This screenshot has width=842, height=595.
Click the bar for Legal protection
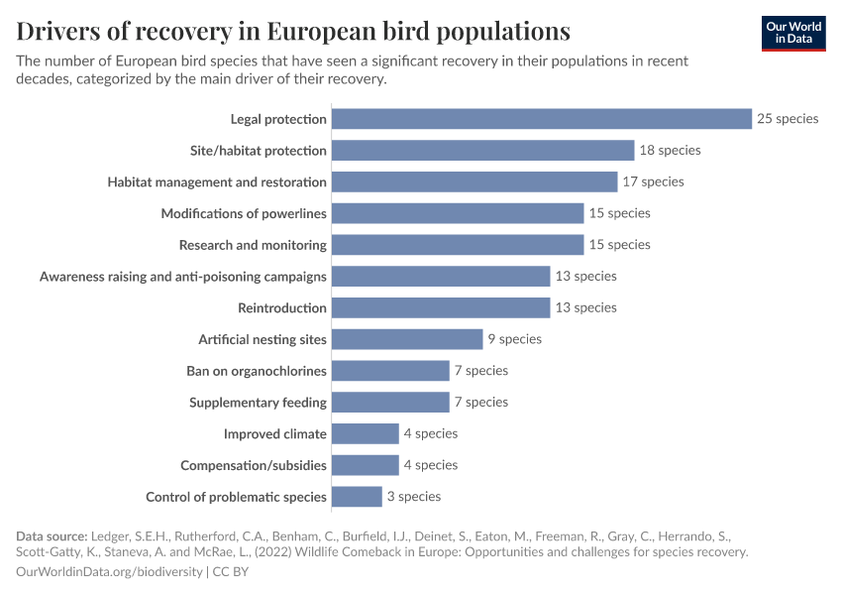pos(542,119)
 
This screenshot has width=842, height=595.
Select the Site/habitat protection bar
pos(482,151)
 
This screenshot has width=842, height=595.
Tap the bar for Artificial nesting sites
pos(407,339)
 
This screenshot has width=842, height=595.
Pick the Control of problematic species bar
pos(357,497)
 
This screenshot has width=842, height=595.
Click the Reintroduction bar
pos(441,307)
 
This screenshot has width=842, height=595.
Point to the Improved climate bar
pos(365,433)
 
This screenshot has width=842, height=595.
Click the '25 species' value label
pos(788,119)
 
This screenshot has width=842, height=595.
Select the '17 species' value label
pos(653,181)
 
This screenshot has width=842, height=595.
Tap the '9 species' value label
pos(514,339)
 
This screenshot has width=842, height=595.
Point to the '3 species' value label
pos(414,497)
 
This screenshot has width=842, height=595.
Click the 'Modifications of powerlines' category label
pos(244,213)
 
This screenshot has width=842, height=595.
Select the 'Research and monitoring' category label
pos(253,245)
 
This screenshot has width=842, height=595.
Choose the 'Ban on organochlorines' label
pos(257,371)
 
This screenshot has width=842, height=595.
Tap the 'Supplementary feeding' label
pos(258,403)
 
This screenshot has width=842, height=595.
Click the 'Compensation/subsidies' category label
pos(254,465)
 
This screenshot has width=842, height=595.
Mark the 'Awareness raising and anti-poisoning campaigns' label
pos(183,277)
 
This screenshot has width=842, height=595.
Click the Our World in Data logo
pos(792,32)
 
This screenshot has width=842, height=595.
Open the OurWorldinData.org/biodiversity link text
pos(109,572)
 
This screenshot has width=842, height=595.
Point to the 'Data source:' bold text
pos(53,536)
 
